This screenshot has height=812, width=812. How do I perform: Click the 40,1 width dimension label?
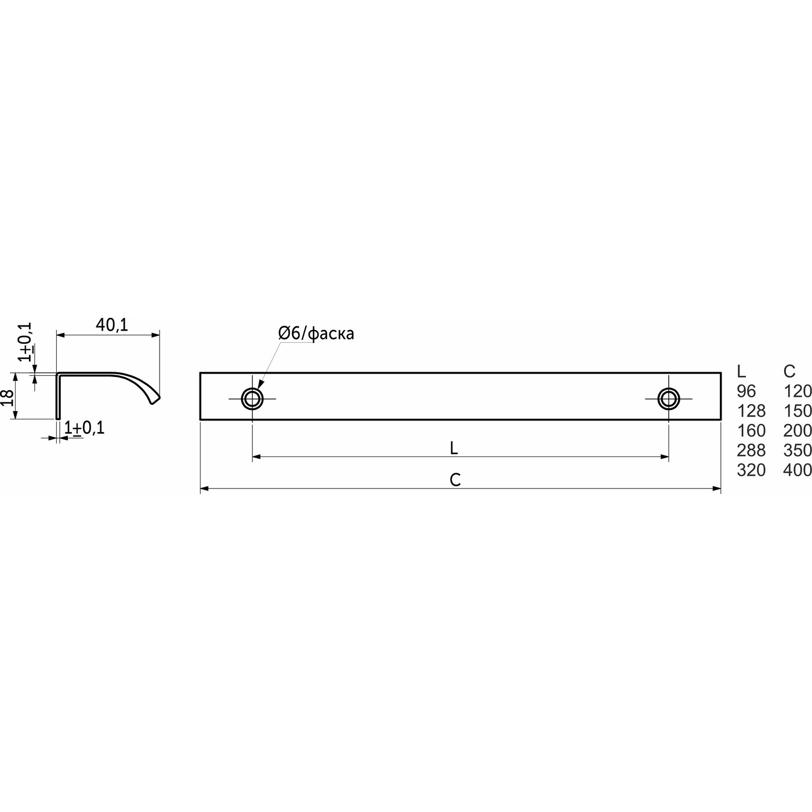[112, 325]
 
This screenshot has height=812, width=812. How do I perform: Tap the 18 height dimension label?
[8, 397]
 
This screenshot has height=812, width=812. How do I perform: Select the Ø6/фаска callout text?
[316, 333]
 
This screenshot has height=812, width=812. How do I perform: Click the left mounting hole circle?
[252, 398]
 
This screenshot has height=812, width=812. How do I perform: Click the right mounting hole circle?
[668, 398]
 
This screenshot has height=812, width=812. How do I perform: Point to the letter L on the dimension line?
[454, 448]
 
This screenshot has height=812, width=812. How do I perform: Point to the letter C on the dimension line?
[455, 480]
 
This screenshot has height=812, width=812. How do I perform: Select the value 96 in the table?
[746, 391]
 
